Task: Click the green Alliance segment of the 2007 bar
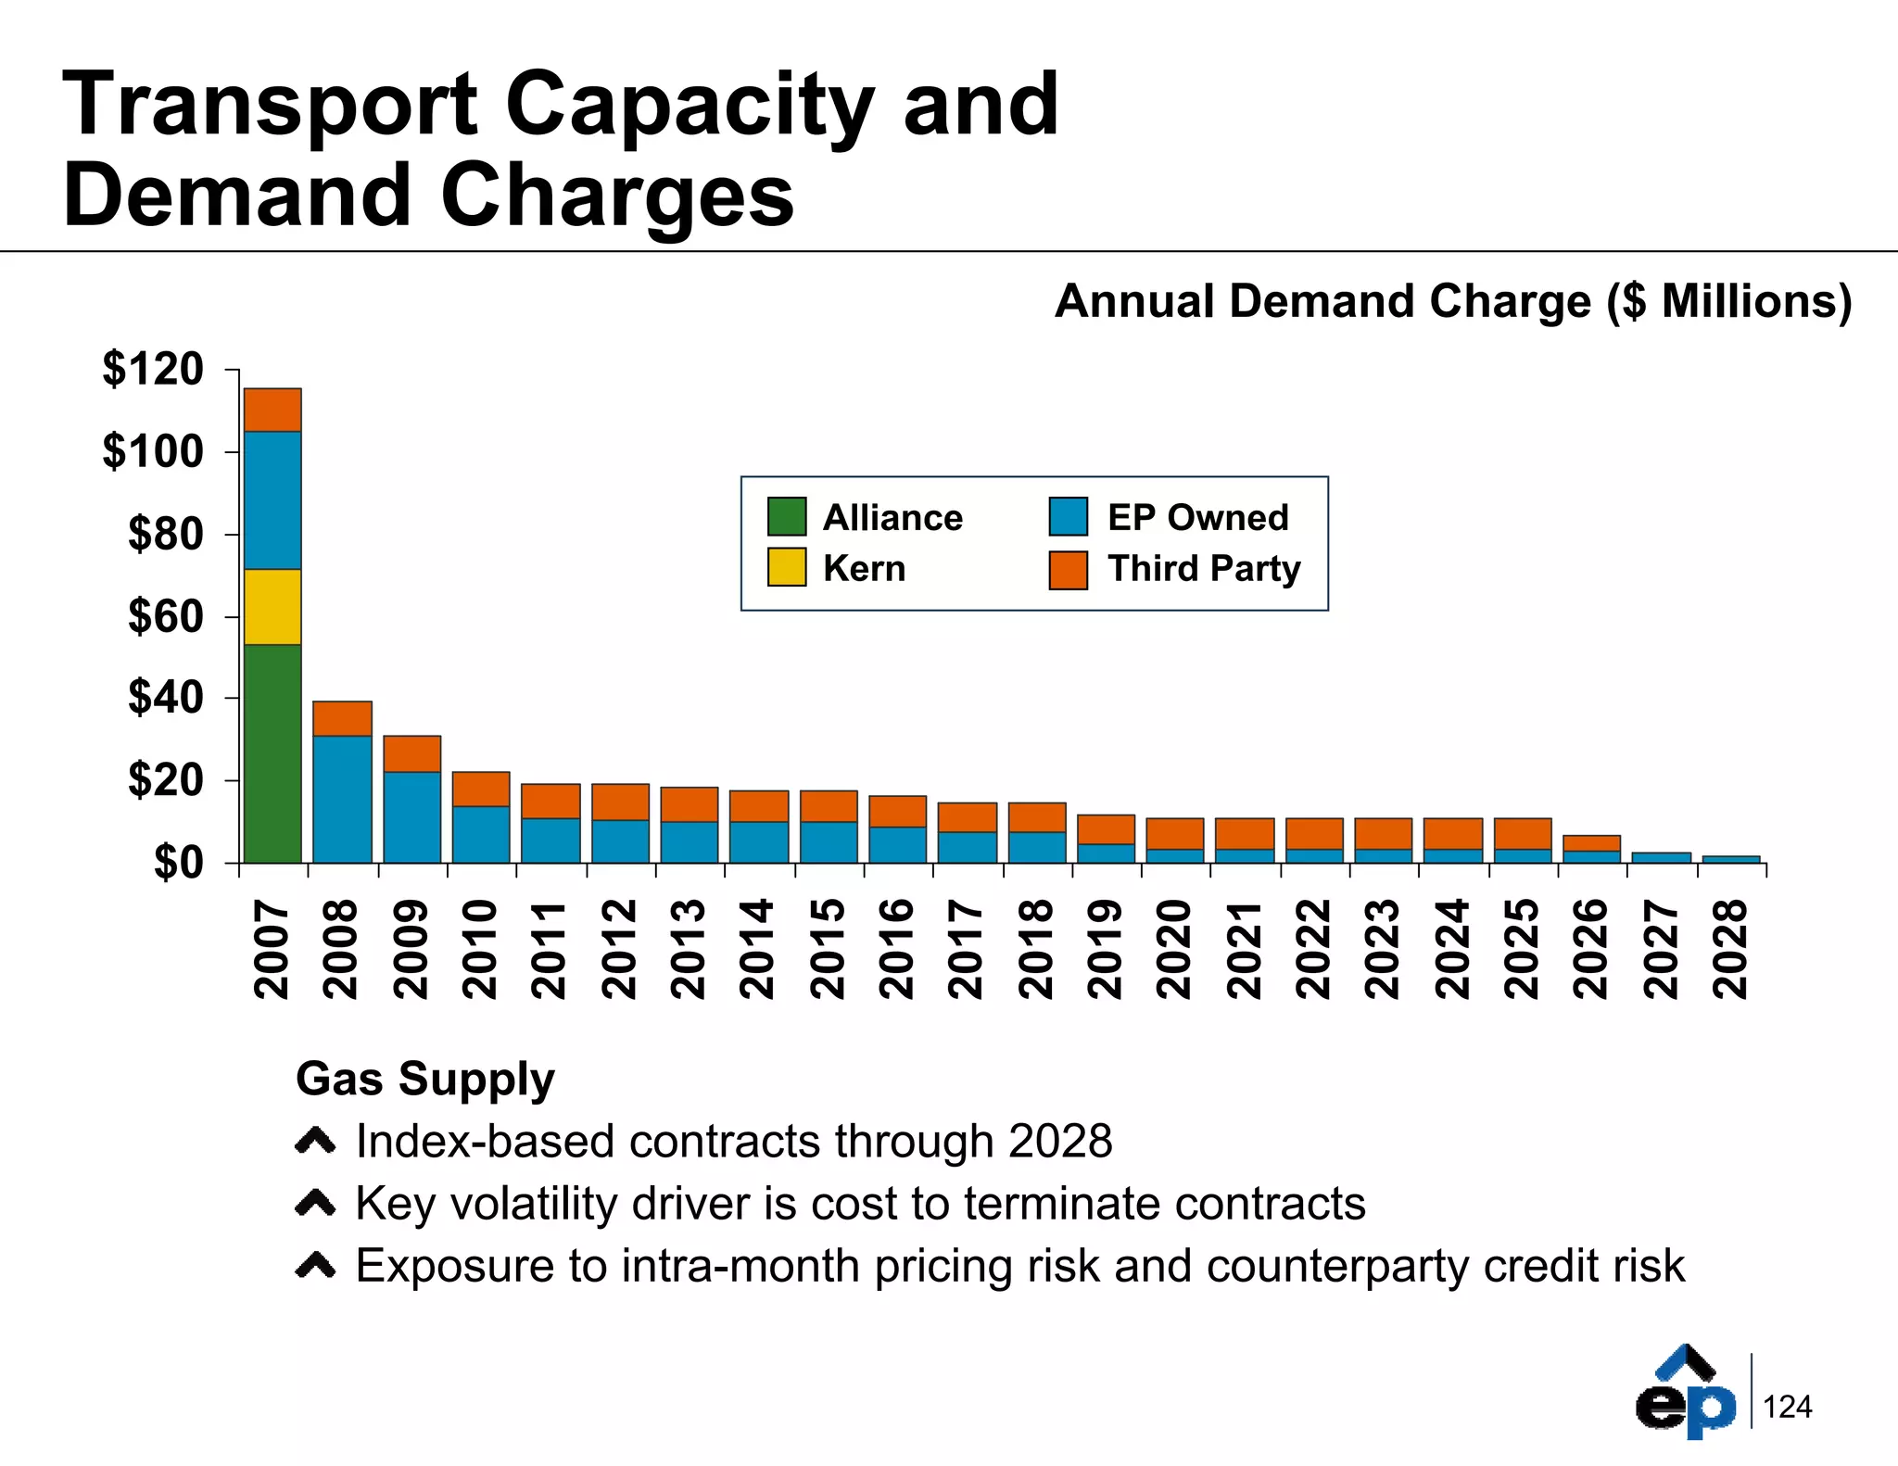point(272,752)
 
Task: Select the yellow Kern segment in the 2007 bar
point(272,607)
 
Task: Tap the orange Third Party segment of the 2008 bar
point(342,719)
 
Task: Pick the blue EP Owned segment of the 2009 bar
point(411,816)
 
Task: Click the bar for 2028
point(1730,859)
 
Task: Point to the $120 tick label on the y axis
point(153,369)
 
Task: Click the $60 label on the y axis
point(166,616)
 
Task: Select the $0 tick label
point(178,864)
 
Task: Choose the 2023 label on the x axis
point(1383,949)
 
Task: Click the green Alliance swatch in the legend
point(787,517)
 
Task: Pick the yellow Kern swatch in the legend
point(787,567)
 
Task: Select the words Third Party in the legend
point(1204,568)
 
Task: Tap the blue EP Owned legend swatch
point(1068,517)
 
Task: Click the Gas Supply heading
point(424,1079)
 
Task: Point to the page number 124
point(1787,1407)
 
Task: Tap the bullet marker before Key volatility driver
point(315,1204)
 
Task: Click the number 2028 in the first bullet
point(1060,1141)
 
